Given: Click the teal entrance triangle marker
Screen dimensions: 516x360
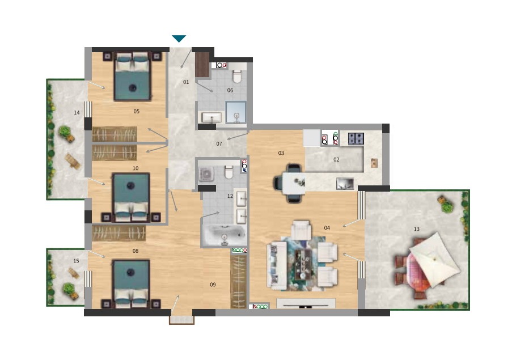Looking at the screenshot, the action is point(179,39).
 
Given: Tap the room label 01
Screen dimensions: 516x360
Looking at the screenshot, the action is point(186,82).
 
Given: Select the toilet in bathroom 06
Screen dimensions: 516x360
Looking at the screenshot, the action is point(237,77).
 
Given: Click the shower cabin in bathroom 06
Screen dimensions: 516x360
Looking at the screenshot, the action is point(236,112).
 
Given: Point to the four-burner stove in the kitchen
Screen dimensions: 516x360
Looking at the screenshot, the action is point(356,138).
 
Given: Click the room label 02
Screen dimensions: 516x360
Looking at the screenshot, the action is point(336,160).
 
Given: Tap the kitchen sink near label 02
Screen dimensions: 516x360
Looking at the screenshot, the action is point(345,184).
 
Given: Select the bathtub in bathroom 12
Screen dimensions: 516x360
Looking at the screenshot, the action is point(224,235).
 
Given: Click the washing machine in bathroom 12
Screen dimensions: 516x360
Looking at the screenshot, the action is point(206,174).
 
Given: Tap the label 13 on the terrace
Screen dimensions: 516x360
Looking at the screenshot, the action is point(417,229).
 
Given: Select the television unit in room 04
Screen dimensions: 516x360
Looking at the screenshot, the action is point(306,303).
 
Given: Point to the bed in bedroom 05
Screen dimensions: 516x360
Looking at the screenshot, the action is point(133,76).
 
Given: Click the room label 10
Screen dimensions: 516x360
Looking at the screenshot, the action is point(136,168).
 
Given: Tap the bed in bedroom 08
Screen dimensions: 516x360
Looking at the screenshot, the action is point(131,283).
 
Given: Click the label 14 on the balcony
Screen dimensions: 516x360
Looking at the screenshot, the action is point(77,113).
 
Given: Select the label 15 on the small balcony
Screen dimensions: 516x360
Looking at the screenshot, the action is point(76,261).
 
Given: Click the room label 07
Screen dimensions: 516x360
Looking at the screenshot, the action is point(219,144).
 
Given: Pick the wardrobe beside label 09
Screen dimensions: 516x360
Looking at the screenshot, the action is point(239,282).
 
